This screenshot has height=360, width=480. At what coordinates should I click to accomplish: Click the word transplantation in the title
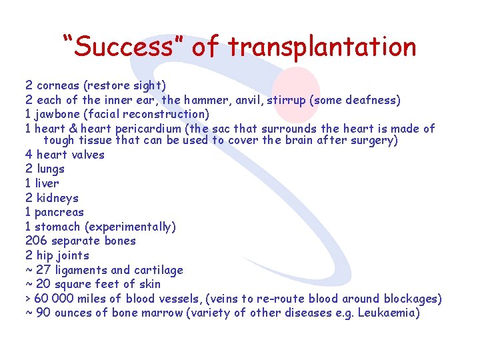[x=322, y=47]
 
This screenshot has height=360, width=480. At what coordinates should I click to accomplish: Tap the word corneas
[x=58, y=85]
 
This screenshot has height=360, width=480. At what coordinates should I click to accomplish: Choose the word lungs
[x=51, y=169]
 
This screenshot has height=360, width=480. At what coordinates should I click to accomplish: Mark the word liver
[x=47, y=183]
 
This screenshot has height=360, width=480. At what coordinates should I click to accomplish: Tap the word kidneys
[x=58, y=198]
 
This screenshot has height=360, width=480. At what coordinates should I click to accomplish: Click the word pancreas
[x=59, y=213]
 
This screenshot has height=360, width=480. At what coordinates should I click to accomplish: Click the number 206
[x=37, y=241]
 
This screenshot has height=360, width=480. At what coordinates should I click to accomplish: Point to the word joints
[x=73, y=255]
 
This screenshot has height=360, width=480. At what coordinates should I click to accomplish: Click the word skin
[x=149, y=284]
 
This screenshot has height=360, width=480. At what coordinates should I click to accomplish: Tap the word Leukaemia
[x=388, y=313]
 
